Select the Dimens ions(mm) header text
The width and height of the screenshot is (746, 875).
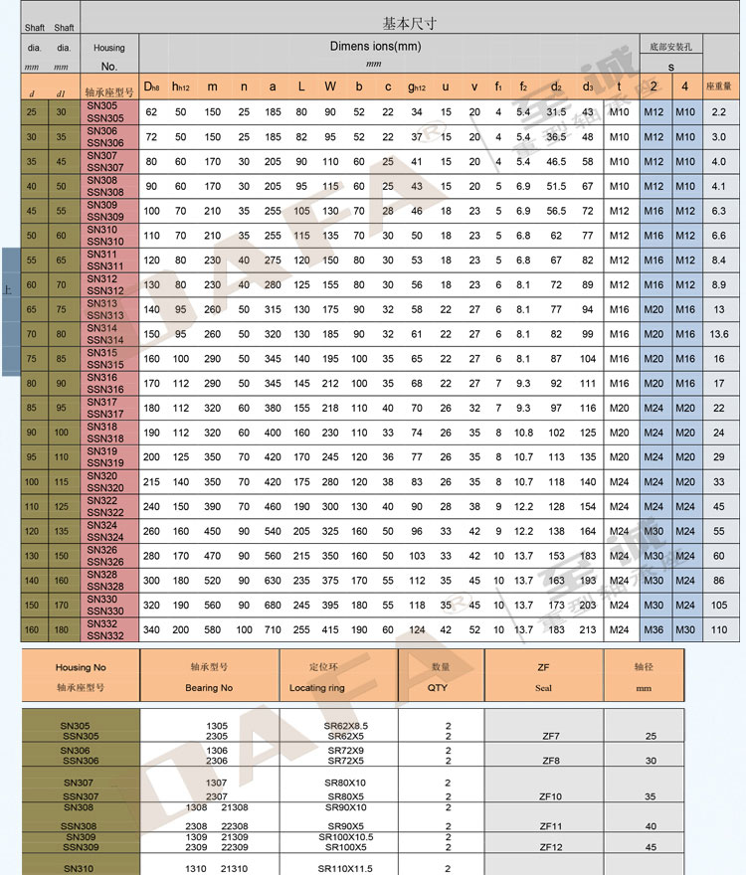click(x=374, y=47)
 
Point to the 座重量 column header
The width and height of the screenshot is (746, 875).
click(x=718, y=87)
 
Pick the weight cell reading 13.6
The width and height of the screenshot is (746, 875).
click(x=718, y=334)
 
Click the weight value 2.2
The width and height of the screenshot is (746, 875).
click(x=718, y=112)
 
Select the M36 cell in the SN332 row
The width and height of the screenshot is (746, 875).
click(x=653, y=629)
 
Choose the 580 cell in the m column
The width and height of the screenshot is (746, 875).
click(x=213, y=629)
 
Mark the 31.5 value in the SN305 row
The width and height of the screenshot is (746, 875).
click(x=556, y=112)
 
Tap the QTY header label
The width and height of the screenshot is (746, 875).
click(x=438, y=687)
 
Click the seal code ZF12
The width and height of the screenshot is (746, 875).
click(x=550, y=847)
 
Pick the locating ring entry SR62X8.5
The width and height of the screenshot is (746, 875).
click(x=345, y=726)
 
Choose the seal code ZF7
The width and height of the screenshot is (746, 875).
click(x=550, y=736)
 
